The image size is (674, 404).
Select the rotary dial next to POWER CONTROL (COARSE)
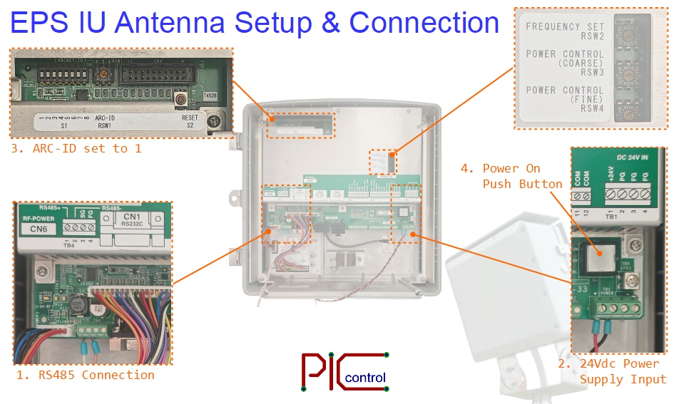[628, 73]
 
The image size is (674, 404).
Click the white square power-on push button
[601, 256]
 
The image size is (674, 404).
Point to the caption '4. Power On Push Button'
[511, 176]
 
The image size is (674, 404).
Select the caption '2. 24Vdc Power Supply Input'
[618, 371]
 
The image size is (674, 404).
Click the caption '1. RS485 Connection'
[85, 375]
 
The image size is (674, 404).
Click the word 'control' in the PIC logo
[364, 378]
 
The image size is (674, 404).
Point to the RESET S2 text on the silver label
[190, 121]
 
